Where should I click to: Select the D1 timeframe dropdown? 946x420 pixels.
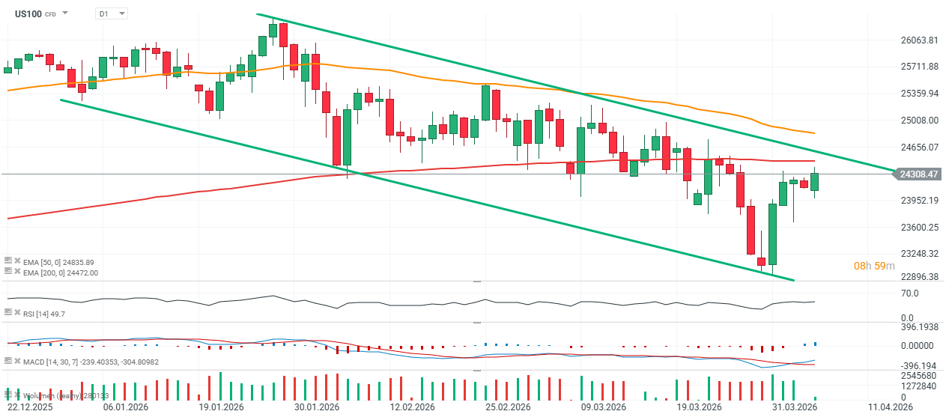(x=111, y=13)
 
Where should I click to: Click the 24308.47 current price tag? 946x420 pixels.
(x=919, y=174)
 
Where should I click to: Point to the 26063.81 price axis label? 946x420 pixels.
(x=919, y=40)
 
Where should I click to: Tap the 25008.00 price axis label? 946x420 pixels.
(x=919, y=120)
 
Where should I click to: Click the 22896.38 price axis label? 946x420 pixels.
(x=919, y=277)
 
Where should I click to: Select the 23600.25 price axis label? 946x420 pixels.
(x=919, y=227)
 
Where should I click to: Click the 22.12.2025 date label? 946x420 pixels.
(x=29, y=408)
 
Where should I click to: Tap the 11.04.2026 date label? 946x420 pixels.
(x=891, y=408)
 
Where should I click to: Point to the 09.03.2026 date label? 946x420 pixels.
(x=604, y=408)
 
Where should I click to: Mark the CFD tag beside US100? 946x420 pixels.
(x=50, y=14)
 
